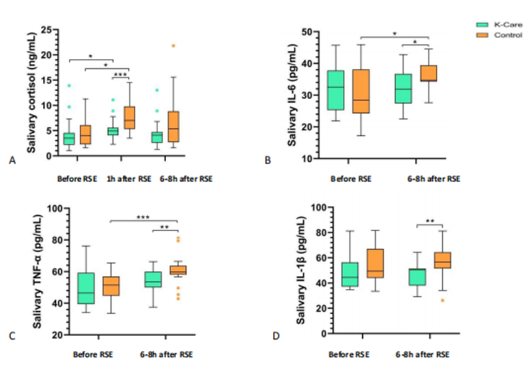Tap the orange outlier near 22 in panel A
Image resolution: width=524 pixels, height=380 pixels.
[173, 45]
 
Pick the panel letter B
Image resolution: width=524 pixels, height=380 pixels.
[268, 161]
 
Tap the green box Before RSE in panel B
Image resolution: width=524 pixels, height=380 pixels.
[335, 91]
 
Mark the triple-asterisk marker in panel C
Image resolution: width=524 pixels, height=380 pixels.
[143, 218]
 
